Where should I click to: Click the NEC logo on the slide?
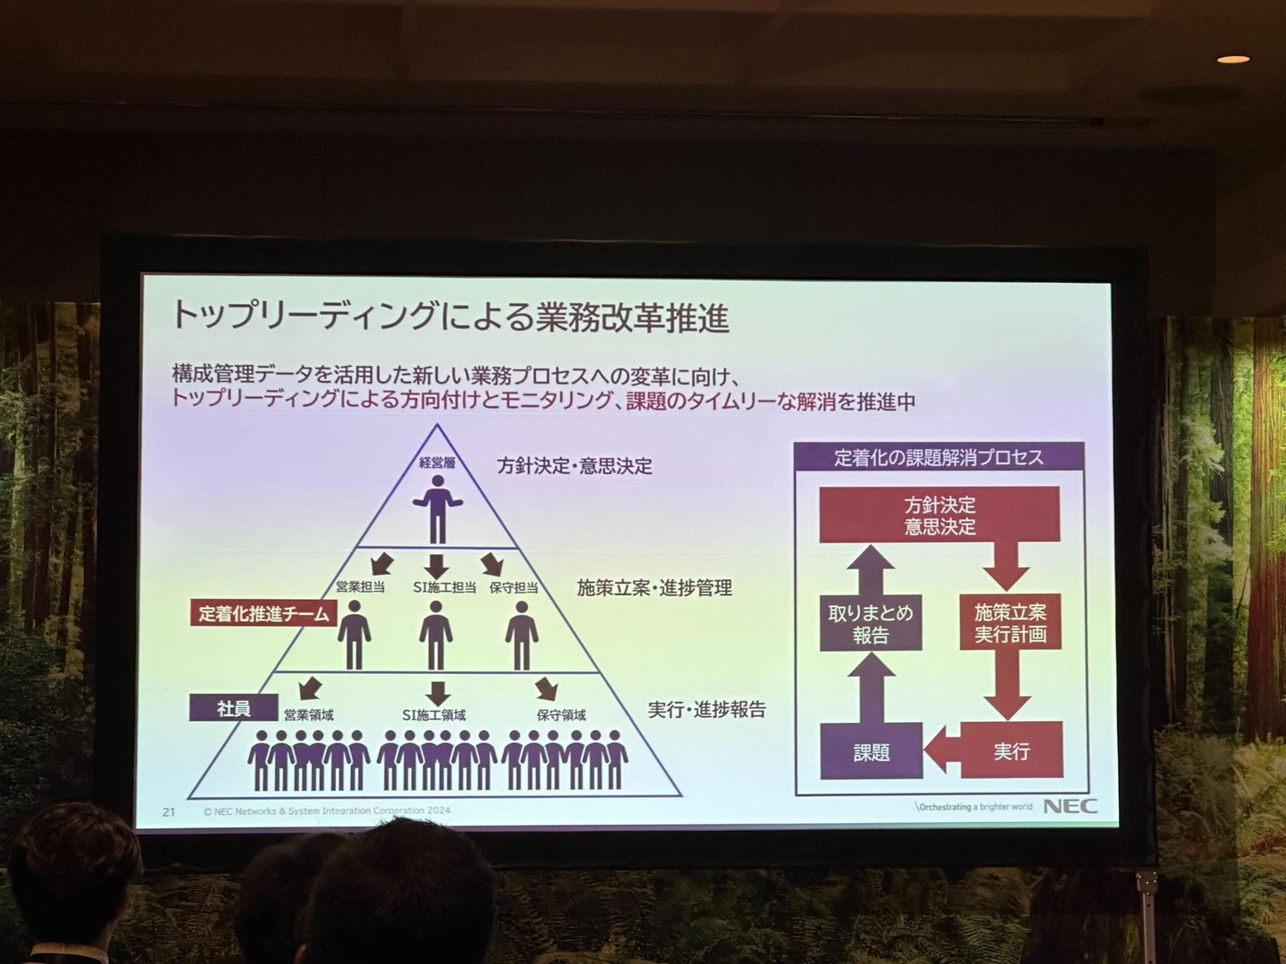tap(1071, 806)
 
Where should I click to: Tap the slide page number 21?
tap(169, 812)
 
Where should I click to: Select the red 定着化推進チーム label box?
tap(263, 614)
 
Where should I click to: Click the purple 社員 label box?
tap(233, 708)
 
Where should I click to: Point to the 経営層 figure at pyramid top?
tap(438, 509)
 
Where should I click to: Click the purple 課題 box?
tap(872, 752)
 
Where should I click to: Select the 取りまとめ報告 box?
tap(871, 623)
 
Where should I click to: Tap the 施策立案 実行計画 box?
tap(1011, 622)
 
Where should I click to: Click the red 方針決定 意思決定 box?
tap(939, 514)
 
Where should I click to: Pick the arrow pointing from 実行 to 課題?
tap(942, 751)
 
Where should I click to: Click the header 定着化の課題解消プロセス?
tap(939, 457)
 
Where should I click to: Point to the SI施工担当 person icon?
tap(436, 635)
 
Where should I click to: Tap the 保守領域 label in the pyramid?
tap(561, 715)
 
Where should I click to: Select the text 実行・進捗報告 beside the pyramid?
tap(706, 710)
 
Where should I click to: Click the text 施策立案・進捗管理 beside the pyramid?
tap(655, 587)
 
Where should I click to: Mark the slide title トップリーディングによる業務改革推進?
tap(450, 317)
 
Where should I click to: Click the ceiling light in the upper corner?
tap(1232, 59)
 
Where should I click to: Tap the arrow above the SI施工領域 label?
tap(437, 694)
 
